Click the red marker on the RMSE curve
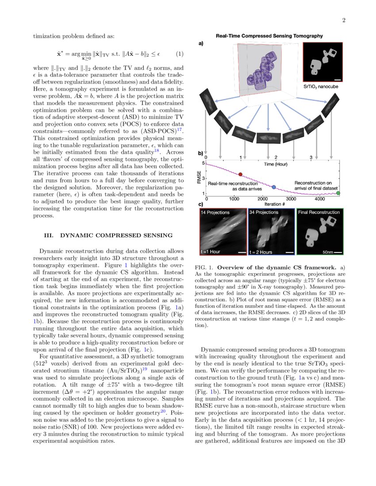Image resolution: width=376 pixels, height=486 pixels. [x=240, y=174]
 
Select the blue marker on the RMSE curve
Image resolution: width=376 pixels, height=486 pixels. [x=274, y=187]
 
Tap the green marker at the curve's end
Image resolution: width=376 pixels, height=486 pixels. [x=338, y=193]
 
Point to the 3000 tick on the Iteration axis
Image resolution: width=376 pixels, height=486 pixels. [x=292, y=199]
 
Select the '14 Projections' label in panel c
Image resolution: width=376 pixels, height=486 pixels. [x=215, y=213]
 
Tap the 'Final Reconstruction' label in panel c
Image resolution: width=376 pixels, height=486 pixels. [x=319, y=213]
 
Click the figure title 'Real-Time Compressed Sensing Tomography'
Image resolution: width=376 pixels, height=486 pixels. [x=269, y=36]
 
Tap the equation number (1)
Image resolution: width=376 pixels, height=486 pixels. [x=179, y=54]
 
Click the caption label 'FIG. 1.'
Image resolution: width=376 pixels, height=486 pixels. [x=204, y=268]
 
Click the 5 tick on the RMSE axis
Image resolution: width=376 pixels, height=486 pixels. [x=203, y=163]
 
